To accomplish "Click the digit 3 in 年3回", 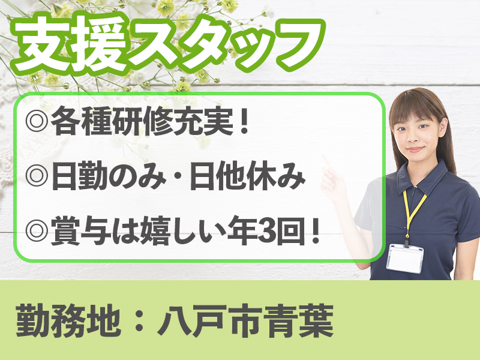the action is [267, 232].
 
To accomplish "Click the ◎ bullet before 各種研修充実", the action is [37, 122].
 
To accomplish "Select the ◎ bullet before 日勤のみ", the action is [37, 176].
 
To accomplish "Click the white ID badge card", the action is [406, 259].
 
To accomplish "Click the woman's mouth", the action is [415, 149].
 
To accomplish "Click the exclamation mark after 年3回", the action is [314, 232].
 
